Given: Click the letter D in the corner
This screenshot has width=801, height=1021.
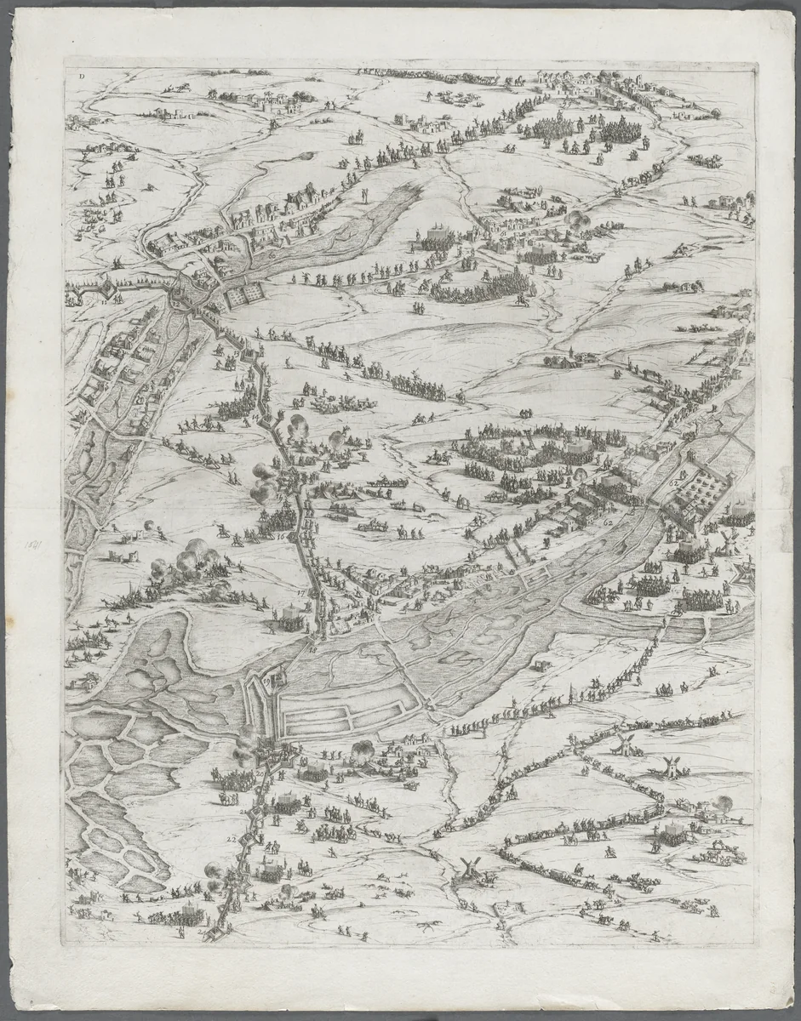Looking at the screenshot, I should (x=81, y=75).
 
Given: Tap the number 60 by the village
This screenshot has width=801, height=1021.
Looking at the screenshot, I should (x=272, y=254).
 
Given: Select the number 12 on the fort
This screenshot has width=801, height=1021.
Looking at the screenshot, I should (x=176, y=301).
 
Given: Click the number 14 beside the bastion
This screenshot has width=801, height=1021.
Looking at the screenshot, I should (x=258, y=419).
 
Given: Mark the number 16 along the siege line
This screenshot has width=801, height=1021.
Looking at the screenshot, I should (x=280, y=537).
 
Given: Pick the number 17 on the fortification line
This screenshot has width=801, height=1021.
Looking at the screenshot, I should (x=302, y=593).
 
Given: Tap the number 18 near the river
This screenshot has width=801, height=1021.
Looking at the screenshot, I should (x=312, y=650).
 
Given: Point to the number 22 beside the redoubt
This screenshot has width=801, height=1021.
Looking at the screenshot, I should (x=232, y=839).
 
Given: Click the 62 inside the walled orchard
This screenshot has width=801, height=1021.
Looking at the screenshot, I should (x=674, y=482).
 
